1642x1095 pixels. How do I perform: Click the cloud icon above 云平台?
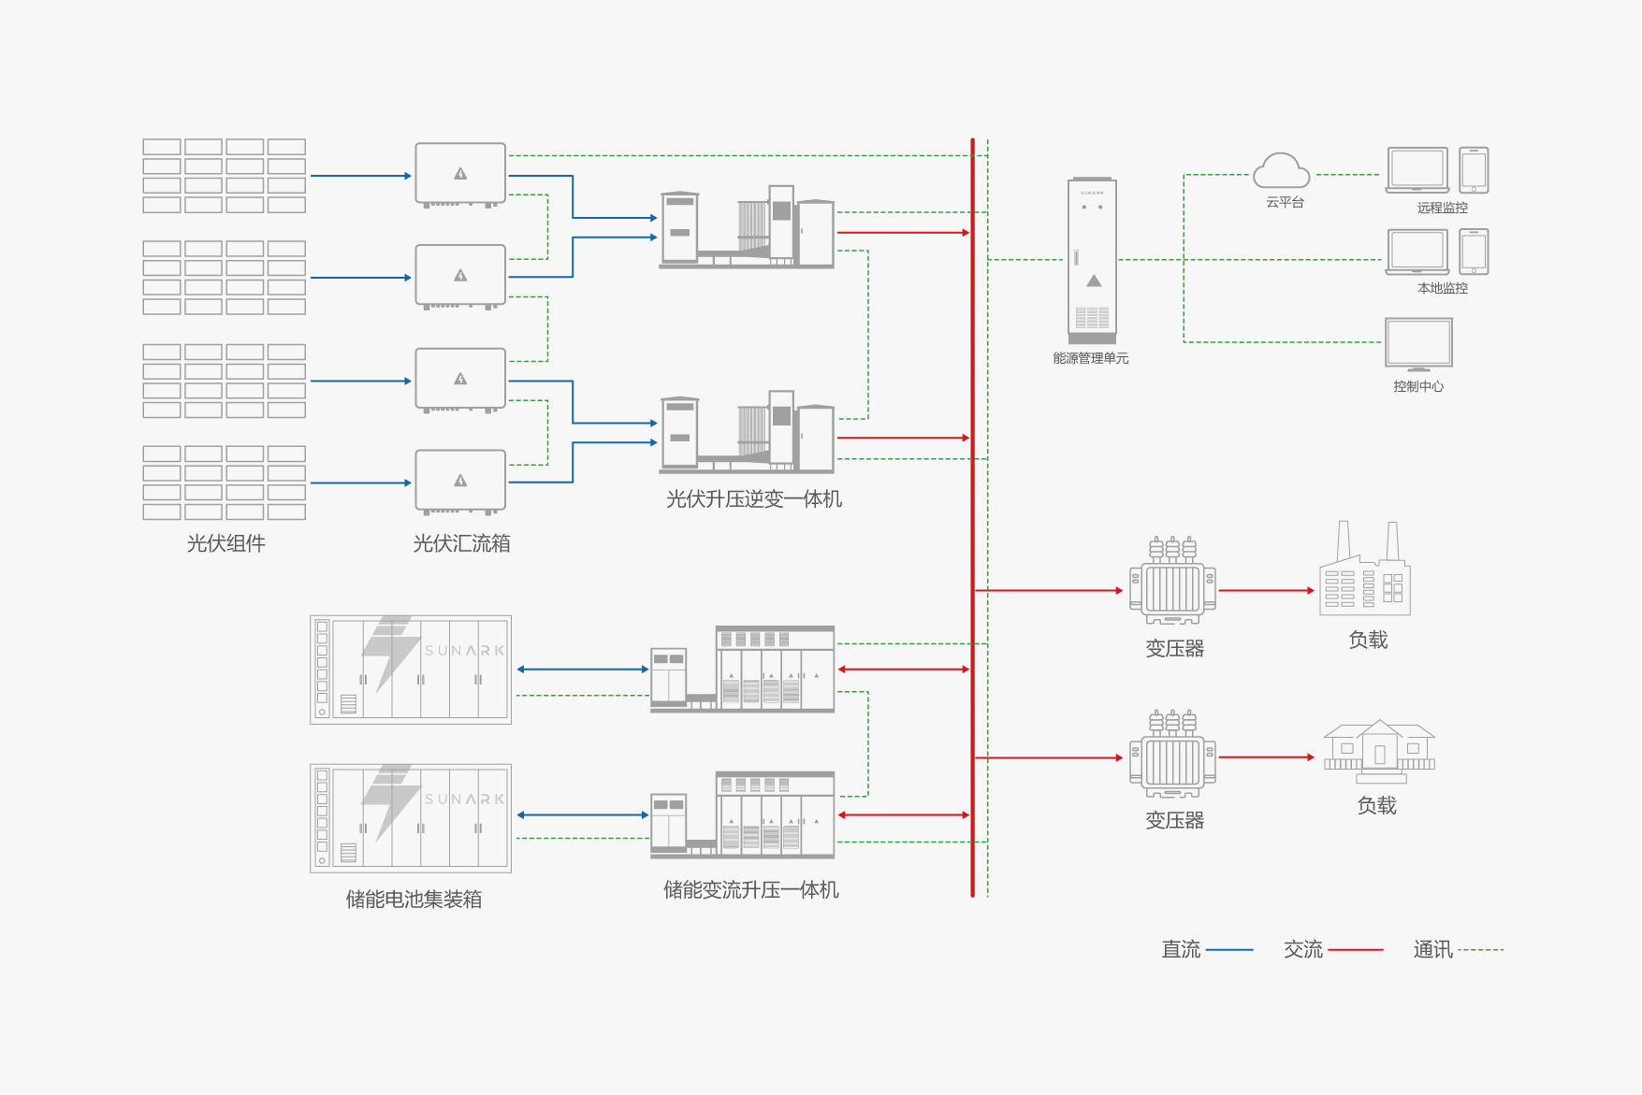(x=1281, y=171)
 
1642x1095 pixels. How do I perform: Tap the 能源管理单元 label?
(x=1090, y=358)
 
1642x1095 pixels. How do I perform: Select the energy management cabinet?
(x=1092, y=260)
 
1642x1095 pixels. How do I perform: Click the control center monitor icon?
(x=1418, y=344)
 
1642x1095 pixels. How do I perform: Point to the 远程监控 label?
(x=1442, y=208)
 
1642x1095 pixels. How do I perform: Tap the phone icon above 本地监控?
(x=1474, y=252)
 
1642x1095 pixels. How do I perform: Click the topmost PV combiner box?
(x=460, y=174)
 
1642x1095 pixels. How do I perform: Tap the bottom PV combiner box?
(x=460, y=482)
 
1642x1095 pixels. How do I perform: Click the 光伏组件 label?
(x=225, y=543)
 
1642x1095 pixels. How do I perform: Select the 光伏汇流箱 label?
(x=461, y=543)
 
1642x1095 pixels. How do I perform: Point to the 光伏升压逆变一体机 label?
(x=753, y=499)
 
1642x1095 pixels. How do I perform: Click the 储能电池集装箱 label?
(x=414, y=900)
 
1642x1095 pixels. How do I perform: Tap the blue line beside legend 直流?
(x=1229, y=950)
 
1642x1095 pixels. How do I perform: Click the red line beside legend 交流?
(x=1355, y=950)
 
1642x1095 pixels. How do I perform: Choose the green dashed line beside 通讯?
(x=1480, y=950)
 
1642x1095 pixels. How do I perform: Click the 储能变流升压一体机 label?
(x=750, y=890)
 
